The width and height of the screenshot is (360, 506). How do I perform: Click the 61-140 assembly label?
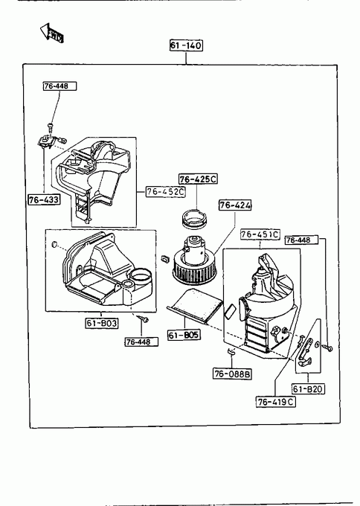[186, 45]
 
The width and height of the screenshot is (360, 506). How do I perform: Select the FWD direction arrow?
[51, 33]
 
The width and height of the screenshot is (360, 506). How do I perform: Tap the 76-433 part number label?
[44, 199]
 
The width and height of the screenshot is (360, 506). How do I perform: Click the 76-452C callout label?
[165, 192]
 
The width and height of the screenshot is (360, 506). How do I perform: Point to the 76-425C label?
[198, 179]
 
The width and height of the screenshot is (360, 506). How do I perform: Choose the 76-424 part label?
[235, 205]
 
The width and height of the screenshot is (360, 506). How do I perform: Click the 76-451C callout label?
[260, 234]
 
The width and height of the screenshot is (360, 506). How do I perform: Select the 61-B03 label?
[102, 323]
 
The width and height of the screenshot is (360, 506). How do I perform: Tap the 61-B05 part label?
[184, 335]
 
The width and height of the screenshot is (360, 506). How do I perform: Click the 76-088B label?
[232, 374]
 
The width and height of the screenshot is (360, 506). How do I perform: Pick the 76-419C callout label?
[276, 402]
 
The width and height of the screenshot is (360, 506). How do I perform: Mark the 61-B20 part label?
[308, 389]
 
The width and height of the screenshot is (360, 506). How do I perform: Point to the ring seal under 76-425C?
[194, 219]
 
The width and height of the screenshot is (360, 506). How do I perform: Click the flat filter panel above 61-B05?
[195, 306]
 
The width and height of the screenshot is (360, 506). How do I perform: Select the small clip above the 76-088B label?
[231, 352]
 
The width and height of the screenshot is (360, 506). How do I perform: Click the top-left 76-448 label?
[60, 86]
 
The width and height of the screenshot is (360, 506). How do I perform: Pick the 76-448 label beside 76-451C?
[302, 240]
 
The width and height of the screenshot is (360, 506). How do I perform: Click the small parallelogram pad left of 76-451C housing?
[230, 311]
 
